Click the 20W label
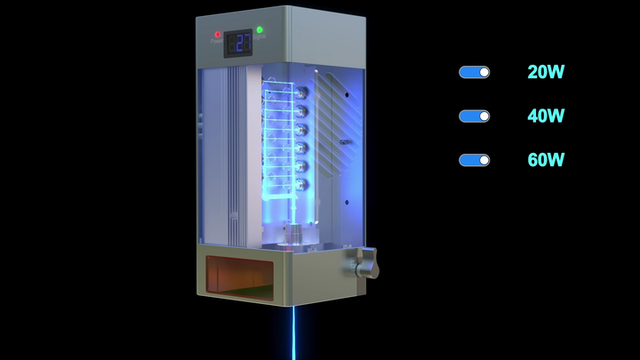[x=546, y=72]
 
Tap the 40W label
[x=546, y=116]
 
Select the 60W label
[x=546, y=160]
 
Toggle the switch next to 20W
[x=474, y=72]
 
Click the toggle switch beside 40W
[x=474, y=116]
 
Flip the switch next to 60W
[x=474, y=160]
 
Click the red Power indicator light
[x=217, y=34]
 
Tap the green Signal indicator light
[x=260, y=30]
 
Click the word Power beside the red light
[x=217, y=42]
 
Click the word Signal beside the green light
[x=261, y=38]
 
